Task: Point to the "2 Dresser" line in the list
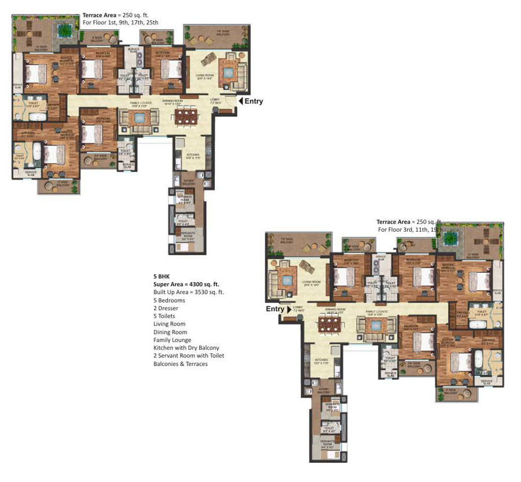tap(167, 308)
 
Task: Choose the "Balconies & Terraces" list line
tap(180, 364)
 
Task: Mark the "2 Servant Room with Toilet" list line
tap(188, 356)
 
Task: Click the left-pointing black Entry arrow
tap(240, 101)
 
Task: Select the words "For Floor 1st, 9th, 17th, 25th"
tap(120, 23)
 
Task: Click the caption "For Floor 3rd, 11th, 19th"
tap(410, 229)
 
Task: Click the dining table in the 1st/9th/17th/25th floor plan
tap(186, 118)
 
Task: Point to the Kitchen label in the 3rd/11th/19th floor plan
tap(321, 360)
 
